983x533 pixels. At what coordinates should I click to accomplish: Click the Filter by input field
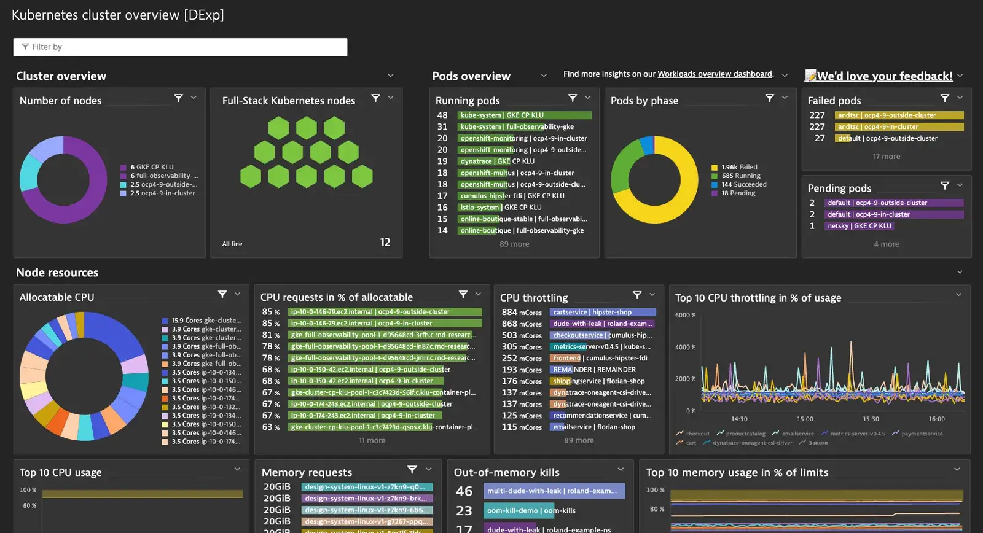180,47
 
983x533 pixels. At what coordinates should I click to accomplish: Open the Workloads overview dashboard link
715,74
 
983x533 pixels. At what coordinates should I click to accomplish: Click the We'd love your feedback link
884,76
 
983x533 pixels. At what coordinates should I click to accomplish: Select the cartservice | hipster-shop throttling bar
602,313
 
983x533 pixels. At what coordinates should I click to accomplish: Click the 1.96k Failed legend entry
739,167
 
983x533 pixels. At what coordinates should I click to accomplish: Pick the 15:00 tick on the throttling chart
805,419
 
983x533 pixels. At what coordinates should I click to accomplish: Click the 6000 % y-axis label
685,316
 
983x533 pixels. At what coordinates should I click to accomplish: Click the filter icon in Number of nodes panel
179,98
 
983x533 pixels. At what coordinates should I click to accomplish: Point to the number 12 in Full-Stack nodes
385,243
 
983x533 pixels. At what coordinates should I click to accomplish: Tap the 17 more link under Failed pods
886,157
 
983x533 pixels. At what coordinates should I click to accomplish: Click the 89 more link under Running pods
514,244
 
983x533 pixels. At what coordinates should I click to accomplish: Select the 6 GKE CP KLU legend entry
152,167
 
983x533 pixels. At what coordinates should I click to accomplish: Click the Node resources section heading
57,273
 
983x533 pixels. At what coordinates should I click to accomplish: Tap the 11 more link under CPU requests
372,441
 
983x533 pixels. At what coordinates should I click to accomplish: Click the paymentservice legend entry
922,434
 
